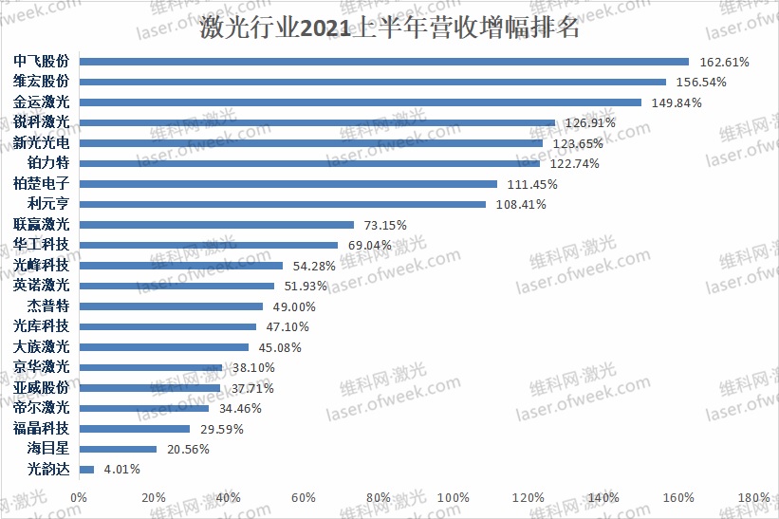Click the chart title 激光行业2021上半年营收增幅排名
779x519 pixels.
point(389,28)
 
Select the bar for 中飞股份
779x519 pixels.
point(384,62)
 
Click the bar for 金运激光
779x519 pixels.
point(361,102)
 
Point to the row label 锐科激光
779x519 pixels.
point(42,122)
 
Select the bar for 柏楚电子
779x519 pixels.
point(288,184)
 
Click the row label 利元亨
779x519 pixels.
point(47,204)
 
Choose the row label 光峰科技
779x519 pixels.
point(42,266)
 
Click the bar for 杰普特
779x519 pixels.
point(171,306)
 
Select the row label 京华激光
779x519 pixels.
point(42,367)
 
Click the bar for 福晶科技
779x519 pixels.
point(135,428)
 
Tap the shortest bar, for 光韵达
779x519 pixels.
point(86,469)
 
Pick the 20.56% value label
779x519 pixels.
point(187,449)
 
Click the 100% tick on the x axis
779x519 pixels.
point(454,497)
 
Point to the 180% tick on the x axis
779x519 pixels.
point(753,497)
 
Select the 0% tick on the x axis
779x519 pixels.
point(79,497)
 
